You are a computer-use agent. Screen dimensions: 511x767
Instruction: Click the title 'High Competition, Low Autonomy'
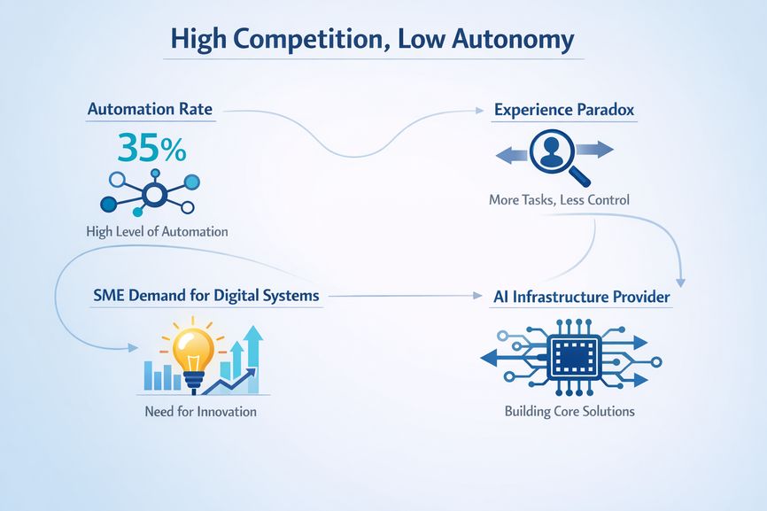371,40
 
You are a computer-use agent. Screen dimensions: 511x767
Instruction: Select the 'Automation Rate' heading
150,110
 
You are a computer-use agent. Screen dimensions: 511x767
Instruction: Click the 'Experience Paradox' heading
563,110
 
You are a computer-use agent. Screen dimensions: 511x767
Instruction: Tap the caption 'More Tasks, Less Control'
559,200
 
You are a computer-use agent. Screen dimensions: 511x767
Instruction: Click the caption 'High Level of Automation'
157,232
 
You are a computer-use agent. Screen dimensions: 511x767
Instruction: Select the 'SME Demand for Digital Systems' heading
205,296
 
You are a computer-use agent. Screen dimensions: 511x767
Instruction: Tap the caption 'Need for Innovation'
200,412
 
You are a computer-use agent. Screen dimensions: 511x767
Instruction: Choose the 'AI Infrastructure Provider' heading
581,297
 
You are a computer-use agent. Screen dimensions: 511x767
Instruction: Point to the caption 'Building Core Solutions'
569,412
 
